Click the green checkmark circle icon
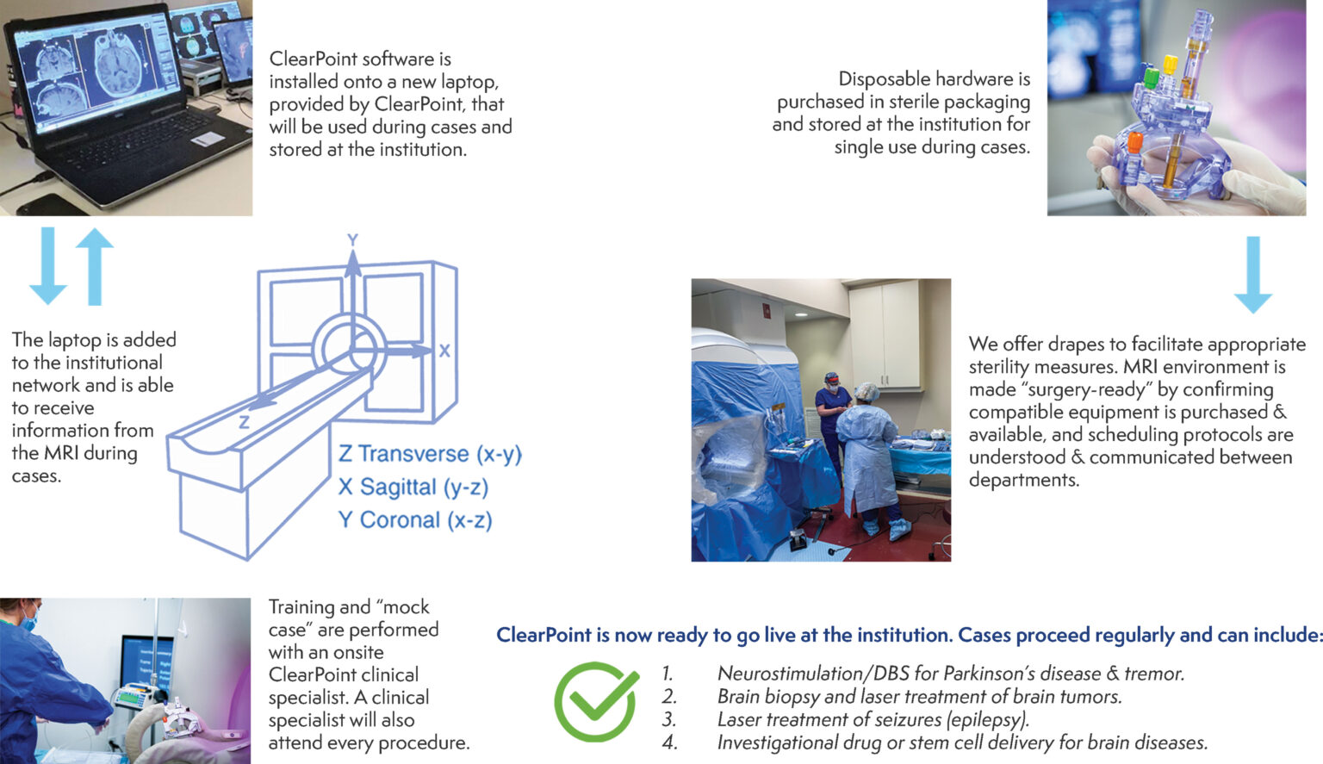pos(596,702)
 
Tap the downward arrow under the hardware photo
pos(1252,274)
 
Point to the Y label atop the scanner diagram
pos(352,240)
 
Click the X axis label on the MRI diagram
pos(444,351)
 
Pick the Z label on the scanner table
pos(245,422)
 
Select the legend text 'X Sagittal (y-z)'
pos(413,488)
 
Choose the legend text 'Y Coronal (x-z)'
pos(415,520)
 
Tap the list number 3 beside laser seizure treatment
pos(669,719)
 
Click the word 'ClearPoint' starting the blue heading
pos(543,636)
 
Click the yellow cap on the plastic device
pos(1171,64)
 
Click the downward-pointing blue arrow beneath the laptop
pos(47,265)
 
